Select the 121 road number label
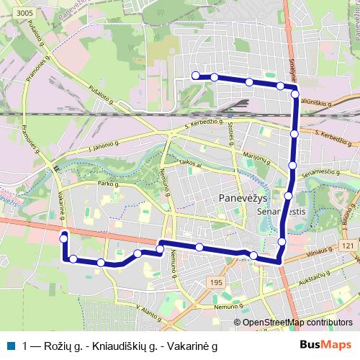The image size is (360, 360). click(x=348, y=246)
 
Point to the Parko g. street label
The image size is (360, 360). click(x=108, y=184)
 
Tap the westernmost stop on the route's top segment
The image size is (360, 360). click(x=194, y=75)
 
